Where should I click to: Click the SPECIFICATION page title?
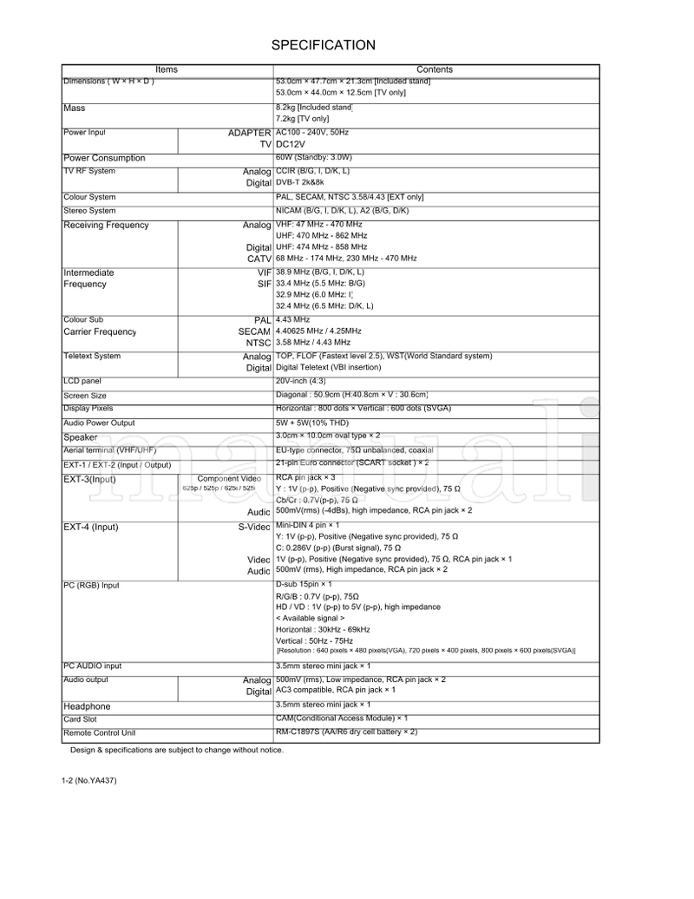[x=323, y=45]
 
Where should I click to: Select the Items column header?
[x=167, y=69]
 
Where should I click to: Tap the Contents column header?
[x=435, y=69]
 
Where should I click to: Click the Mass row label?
[x=75, y=108]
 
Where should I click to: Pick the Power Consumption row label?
[x=104, y=159]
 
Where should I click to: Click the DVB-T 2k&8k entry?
[x=300, y=184]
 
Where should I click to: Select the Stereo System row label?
[x=89, y=211]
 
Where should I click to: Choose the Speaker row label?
[x=81, y=437]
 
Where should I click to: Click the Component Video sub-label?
[x=229, y=479]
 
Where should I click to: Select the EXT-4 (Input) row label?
[x=91, y=527]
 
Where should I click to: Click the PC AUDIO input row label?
[x=93, y=666]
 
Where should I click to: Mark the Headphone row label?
[x=87, y=706]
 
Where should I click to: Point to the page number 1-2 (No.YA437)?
[x=89, y=780]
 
